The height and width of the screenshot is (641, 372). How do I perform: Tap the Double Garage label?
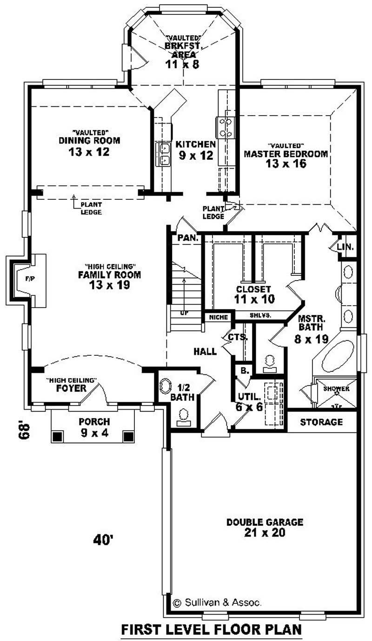pyautogui.click(x=265, y=522)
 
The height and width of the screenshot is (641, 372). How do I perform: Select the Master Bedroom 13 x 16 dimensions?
pyautogui.click(x=286, y=163)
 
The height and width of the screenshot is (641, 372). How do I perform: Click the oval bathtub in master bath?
pyautogui.click(x=337, y=356)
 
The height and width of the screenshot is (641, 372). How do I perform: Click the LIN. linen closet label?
pyautogui.click(x=346, y=246)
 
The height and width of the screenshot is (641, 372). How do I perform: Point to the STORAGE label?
pyautogui.click(x=321, y=422)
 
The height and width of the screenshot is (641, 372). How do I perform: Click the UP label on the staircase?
pyautogui.click(x=185, y=313)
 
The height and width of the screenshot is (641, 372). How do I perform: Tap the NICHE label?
pyautogui.click(x=218, y=317)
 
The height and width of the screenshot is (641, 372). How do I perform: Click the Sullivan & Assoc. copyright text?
pyautogui.click(x=217, y=603)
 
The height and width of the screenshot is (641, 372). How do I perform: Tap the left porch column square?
pyautogui.click(x=58, y=437)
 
